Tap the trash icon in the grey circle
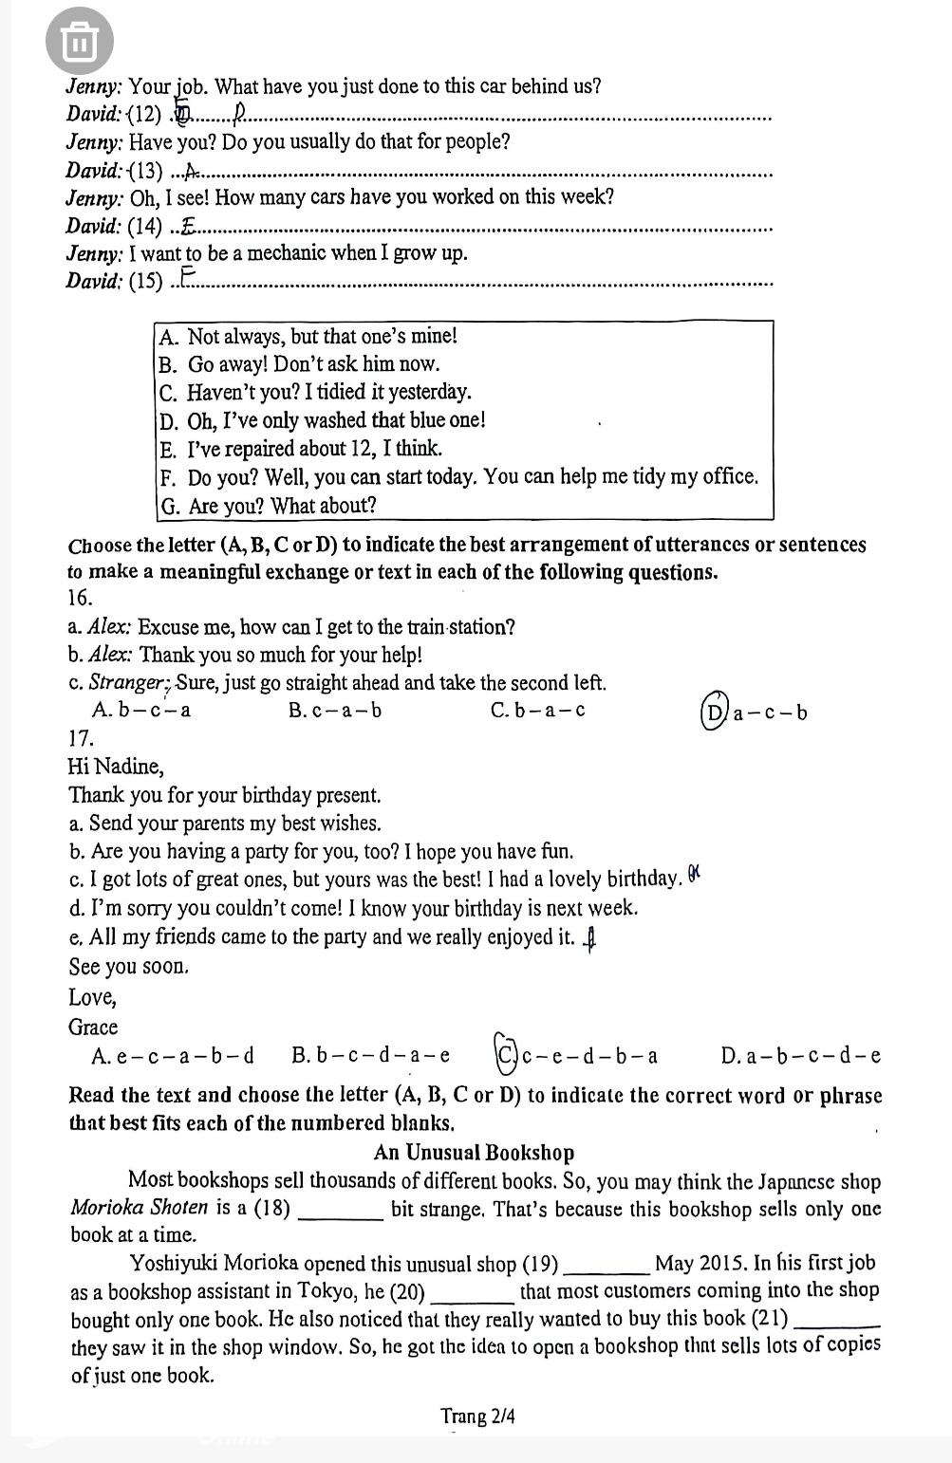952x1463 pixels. pyautogui.click(x=79, y=42)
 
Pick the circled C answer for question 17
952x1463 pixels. pyautogui.click(x=506, y=1054)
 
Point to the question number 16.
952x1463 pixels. pyautogui.click(x=81, y=598)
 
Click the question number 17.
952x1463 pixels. pyautogui.click(x=81, y=737)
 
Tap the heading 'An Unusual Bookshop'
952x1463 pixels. pyautogui.click(x=474, y=1153)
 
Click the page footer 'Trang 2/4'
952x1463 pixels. pyautogui.click(x=477, y=1417)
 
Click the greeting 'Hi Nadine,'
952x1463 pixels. pyautogui.click(x=116, y=767)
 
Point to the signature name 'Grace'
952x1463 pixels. pyautogui.click(x=93, y=1028)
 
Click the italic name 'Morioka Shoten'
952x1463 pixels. pyautogui.click(x=139, y=1208)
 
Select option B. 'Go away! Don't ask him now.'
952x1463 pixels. pyautogui.click(x=299, y=364)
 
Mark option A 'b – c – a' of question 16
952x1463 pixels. pyautogui.click(x=141, y=711)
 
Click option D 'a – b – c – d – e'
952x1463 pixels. pyautogui.click(x=800, y=1055)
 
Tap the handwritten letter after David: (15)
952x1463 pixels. pyautogui.click(x=188, y=277)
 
